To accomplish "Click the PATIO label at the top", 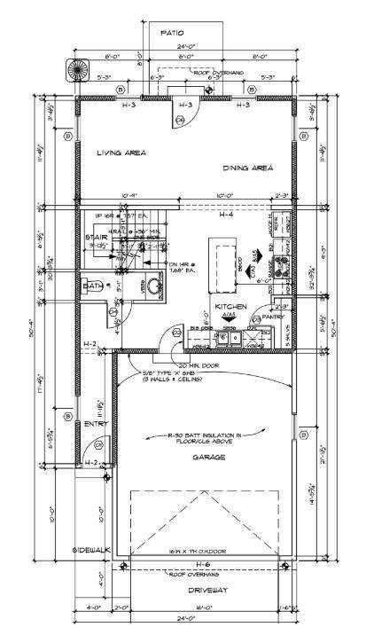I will pyautogui.click(x=172, y=33).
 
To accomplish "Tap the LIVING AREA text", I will pyautogui.click(x=121, y=153).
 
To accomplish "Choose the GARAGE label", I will pyautogui.click(x=205, y=457).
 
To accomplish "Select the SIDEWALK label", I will pyautogui.click(x=90, y=550).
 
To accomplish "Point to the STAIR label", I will pyautogui.click(x=96, y=238).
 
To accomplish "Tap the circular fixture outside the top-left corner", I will pyautogui.click(x=72, y=68).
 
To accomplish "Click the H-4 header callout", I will pyautogui.click(x=226, y=215).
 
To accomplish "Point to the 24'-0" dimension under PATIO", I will pyautogui.click(x=183, y=46).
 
